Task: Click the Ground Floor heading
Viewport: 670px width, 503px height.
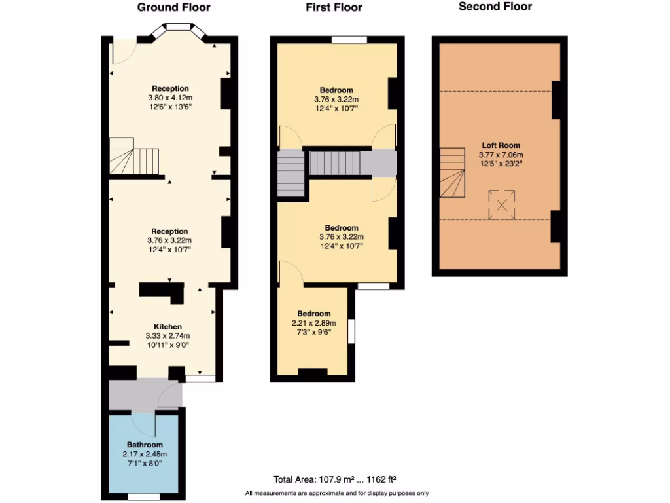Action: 173,8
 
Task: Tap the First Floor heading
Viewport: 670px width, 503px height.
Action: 334,8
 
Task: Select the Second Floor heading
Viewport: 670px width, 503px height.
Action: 495,7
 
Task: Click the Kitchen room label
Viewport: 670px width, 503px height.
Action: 167,327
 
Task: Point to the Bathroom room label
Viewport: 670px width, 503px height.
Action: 144,445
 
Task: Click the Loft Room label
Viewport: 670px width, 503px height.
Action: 501,145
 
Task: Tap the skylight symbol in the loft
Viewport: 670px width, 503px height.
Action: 502,204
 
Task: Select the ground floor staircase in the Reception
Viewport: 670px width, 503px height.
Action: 134,158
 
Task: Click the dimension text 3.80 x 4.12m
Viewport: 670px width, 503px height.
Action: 170,98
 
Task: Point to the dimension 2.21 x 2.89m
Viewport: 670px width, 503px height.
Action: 313,323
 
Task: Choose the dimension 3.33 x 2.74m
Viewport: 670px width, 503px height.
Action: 167,336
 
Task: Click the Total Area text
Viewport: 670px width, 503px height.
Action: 334,479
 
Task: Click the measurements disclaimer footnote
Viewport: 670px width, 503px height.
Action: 337,493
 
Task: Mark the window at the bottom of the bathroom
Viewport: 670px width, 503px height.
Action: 143,496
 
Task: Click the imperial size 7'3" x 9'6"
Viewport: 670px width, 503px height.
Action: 313,332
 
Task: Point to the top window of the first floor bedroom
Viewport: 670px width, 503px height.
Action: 349,40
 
